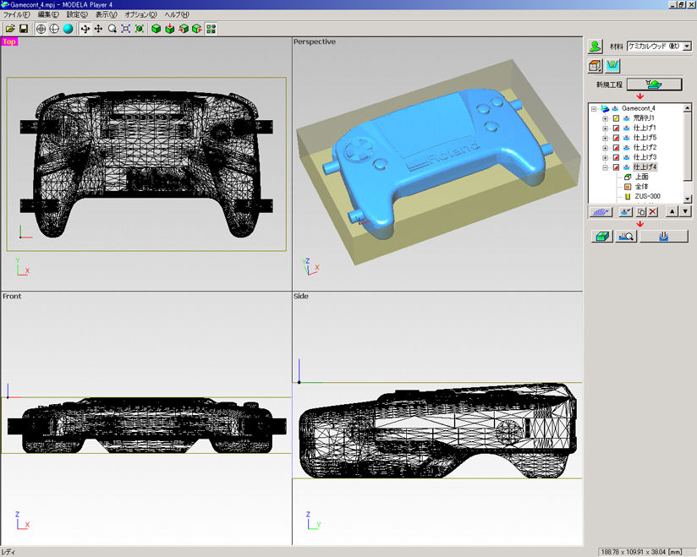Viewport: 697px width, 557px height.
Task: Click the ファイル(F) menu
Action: pyautogui.click(x=17, y=15)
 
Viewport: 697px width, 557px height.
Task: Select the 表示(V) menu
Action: pyautogui.click(x=106, y=15)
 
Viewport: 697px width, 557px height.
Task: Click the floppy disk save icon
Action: pyautogui.click(x=23, y=29)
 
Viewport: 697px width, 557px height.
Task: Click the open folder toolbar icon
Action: pyautogui.click(x=9, y=29)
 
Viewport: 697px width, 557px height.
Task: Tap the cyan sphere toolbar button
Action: pyautogui.click(x=68, y=29)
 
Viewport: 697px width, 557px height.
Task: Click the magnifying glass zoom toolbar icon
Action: pyautogui.click(x=112, y=29)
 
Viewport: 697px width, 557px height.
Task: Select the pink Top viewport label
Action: pyautogui.click(x=9, y=41)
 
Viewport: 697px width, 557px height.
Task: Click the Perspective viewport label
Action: pyautogui.click(x=314, y=41)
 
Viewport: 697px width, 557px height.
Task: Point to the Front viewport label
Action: pyautogui.click(x=12, y=297)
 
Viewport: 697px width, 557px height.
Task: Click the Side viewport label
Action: pyautogui.click(x=301, y=297)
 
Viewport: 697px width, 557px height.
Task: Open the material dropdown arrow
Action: pyautogui.click(x=687, y=46)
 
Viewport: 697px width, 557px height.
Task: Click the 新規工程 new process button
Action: pyautogui.click(x=653, y=84)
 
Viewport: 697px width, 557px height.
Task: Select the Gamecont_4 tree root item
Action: pyautogui.click(x=639, y=108)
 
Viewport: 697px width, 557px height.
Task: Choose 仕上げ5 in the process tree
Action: pyautogui.click(x=645, y=138)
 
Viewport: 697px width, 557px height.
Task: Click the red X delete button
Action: pyautogui.click(x=652, y=212)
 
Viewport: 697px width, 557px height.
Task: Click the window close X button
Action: pyautogui.click(x=690, y=4)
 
